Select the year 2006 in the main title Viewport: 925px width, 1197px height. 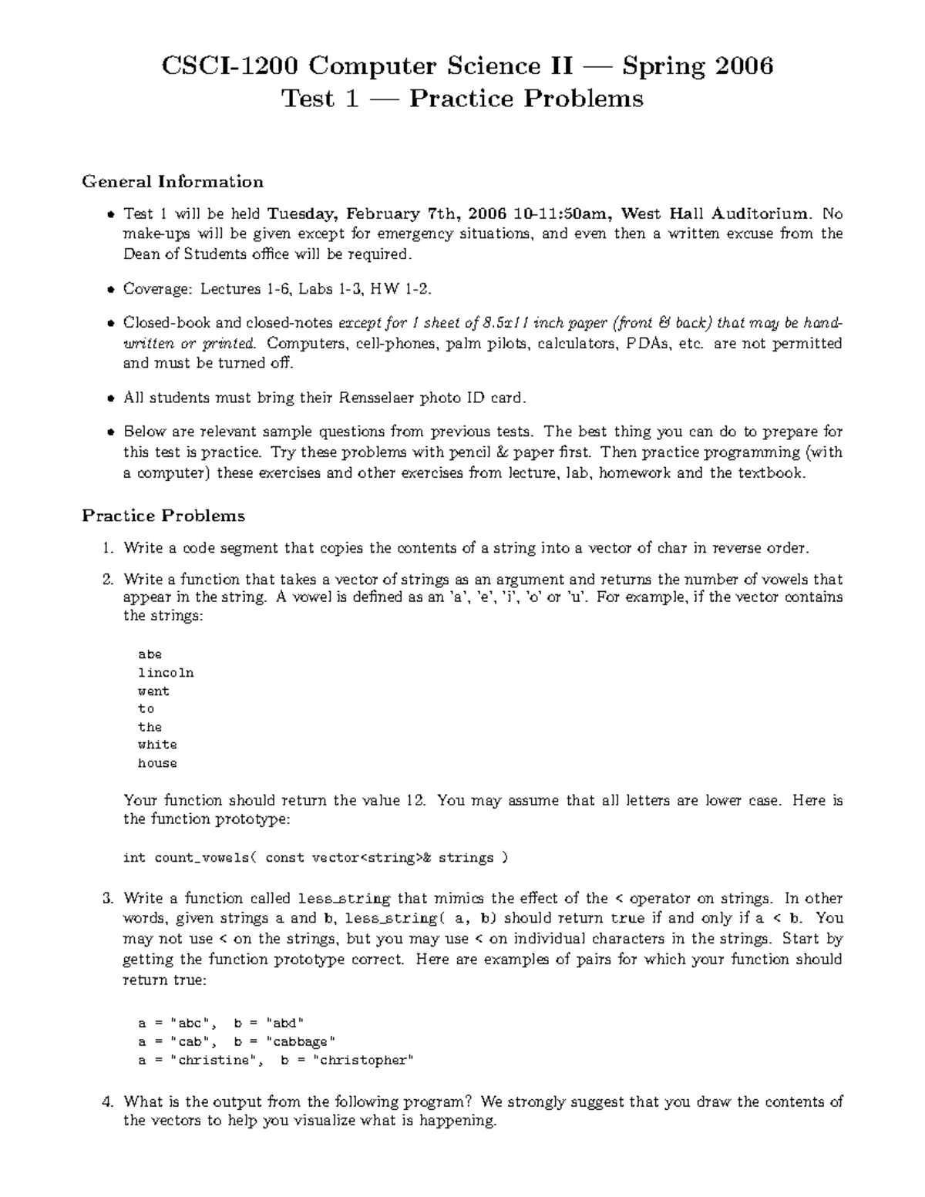tap(743, 66)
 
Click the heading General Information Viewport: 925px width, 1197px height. tap(173, 182)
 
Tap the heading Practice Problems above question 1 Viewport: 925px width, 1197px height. tap(163, 516)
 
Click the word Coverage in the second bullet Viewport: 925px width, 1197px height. tap(157, 289)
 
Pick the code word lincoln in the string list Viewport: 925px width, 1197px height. tap(166, 673)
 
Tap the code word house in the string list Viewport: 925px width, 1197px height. tap(157, 763)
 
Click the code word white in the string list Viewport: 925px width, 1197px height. tap(157, 745)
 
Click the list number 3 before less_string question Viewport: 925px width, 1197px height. tap(107, 899)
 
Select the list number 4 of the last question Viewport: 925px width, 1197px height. tap(107, 1102)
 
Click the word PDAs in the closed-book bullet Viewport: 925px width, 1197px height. tap(647, 344)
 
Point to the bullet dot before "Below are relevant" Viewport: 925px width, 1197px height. tap(111, 432)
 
